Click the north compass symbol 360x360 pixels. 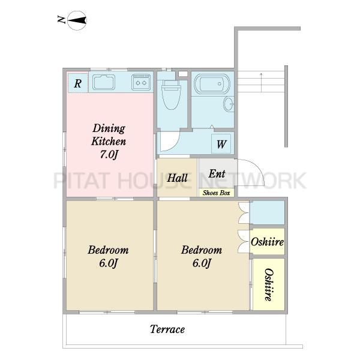(77, 20)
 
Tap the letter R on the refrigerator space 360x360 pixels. (77, 83)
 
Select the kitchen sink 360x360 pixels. (104, 82)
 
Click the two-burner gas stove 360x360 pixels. (141, 82)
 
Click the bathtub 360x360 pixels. (212, 84)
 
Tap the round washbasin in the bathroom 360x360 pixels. (229, 104)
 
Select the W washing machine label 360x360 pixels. (221, 144)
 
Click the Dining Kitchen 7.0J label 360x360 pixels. (109, 141)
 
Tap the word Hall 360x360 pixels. (177, 178)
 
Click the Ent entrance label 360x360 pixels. (217, 173)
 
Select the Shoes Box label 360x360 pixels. (216, 193)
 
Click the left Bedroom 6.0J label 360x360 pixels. (108, 256)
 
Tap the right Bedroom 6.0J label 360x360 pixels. (202, 256)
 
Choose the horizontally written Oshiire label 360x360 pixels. (267, 242)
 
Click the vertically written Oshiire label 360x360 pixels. (269, 284)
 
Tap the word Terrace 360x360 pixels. (167, 329)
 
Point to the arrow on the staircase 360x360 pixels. (261, 83)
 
